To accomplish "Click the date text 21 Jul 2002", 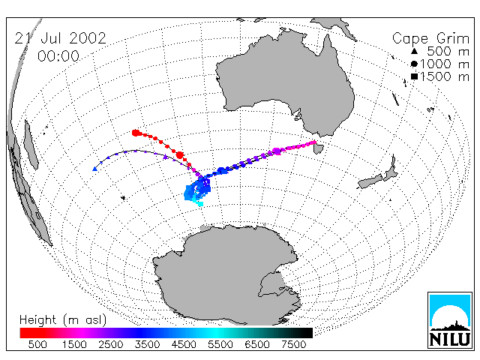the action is pos(60,38).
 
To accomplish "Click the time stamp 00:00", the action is pos(58,56).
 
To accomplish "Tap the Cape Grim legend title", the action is pos(430,39).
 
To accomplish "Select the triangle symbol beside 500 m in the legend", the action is pos(414,51).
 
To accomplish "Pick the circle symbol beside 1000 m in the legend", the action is pos(414,64).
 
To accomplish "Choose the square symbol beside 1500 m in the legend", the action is pos(415,76).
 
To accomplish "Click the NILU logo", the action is pos(450,320).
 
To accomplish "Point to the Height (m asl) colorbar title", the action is pos(63,320).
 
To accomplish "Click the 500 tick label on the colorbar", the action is pos(37,345).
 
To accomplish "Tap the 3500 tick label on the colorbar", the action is pos(147,345).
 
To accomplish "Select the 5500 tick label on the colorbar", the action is pos(220,345).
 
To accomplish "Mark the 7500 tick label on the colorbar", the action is pos(293,345).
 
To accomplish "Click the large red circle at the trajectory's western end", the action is pos(136,133).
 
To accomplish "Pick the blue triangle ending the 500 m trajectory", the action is pos(95,169).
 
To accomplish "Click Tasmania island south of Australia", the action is pos(319,148).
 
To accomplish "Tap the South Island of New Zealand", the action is pos(370,181).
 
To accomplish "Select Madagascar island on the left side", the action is pos(31,145).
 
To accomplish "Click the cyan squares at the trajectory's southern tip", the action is pos(199,202).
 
